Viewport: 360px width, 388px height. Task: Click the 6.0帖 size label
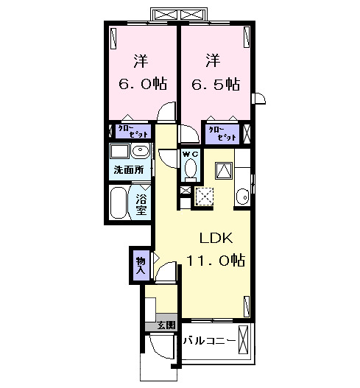(142, 84)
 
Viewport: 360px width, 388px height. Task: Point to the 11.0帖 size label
(215, 260)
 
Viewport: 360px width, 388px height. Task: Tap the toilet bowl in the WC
(191, 170)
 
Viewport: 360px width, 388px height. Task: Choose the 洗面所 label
(129, 171)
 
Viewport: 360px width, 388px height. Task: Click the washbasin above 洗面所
(141, 152)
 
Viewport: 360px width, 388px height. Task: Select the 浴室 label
(141, 202)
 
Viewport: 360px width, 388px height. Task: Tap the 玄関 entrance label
(164, 325)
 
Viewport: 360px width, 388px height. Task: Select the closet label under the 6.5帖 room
(222, 133)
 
